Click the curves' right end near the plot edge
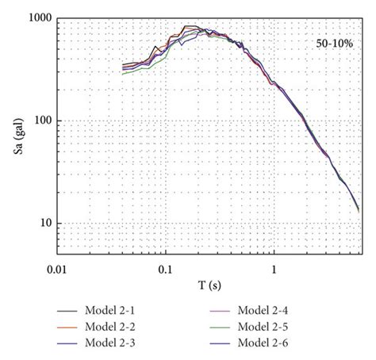point(358,209)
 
